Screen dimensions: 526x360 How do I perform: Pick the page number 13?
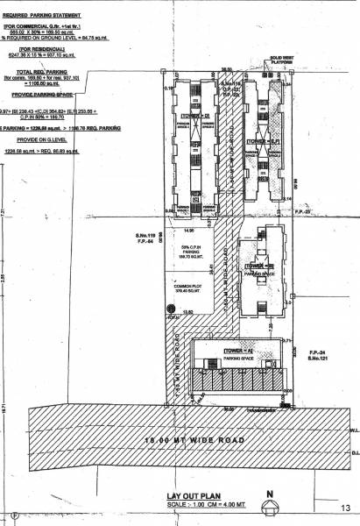tap(345, 508)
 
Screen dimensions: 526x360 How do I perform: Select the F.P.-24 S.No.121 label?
tap(315, 355)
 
